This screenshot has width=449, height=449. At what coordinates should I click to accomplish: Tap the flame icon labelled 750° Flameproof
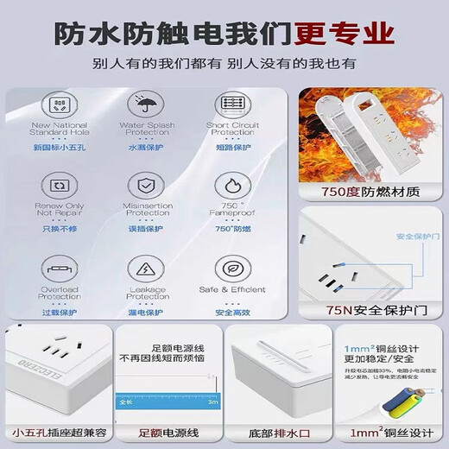coord(232,185)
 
